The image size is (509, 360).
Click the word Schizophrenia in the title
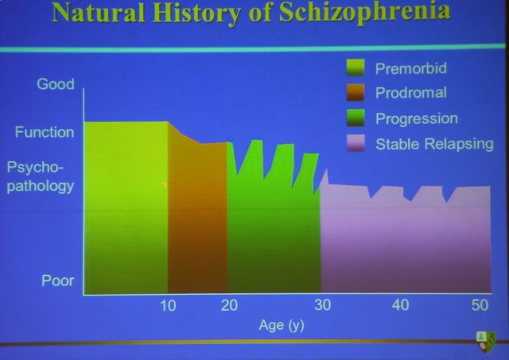coord(364,13)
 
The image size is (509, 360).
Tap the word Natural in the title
coord(99,13)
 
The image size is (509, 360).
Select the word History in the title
coord(196,14)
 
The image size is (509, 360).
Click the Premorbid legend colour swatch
coord(356,68)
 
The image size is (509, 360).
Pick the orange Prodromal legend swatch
coord(356,92)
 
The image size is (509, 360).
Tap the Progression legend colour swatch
coord(356,118)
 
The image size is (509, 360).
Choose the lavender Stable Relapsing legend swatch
coord(356,143)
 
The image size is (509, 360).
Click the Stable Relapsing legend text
coord(434,144)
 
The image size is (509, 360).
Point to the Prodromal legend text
coord(411,93)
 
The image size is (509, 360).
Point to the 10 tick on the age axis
coord(168,305)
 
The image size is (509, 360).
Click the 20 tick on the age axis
coord(229,305)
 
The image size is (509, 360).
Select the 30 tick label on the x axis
coord(322,305)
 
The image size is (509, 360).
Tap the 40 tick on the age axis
coord(400,305)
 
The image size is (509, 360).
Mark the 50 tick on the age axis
coord(480,305)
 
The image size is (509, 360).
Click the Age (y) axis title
coord(282,325)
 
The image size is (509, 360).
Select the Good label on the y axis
coord(56,84)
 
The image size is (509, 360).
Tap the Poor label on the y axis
coord(58,281)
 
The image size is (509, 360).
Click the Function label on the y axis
coord(45,133)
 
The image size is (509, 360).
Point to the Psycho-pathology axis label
coord(41,176)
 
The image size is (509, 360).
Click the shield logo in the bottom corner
coord(486,342)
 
